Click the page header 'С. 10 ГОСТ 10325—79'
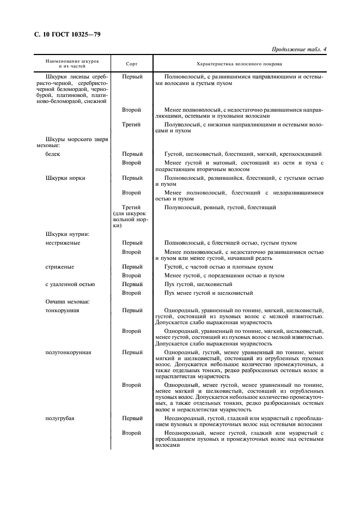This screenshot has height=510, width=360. point(64,34)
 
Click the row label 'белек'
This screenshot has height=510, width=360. point(53,154)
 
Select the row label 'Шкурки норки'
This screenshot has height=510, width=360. point(65,178)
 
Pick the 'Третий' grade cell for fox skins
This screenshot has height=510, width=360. point(132,124)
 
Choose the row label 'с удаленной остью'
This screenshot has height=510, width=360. point(70,284)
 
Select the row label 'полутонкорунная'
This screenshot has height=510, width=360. point(68,352)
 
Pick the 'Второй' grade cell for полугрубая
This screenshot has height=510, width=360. point(132,433)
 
